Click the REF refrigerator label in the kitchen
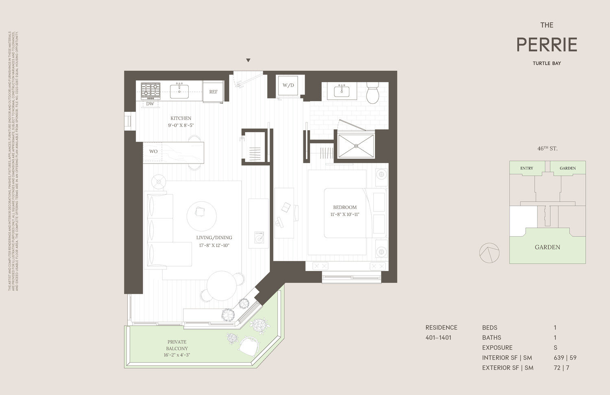coord(213,92)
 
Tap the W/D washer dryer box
coord(288,85)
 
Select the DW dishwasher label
coord(150,104)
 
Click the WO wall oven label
coord(153,151)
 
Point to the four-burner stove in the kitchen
coord(150,91)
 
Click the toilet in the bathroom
coord(373,93)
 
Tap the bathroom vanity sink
coord(342,91)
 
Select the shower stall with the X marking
coord(356,146)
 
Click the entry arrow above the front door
coord(248,61)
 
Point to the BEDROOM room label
coord(344,207)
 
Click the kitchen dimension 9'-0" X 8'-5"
coord(181,125)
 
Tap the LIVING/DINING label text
coord(214,238)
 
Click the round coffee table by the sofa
coord(201,216)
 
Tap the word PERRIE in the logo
coord(547,45)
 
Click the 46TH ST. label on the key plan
coord(547,148)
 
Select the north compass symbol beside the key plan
coord(489,253)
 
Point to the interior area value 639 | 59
coord(565,358)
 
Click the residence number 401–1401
coord(438,338)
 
